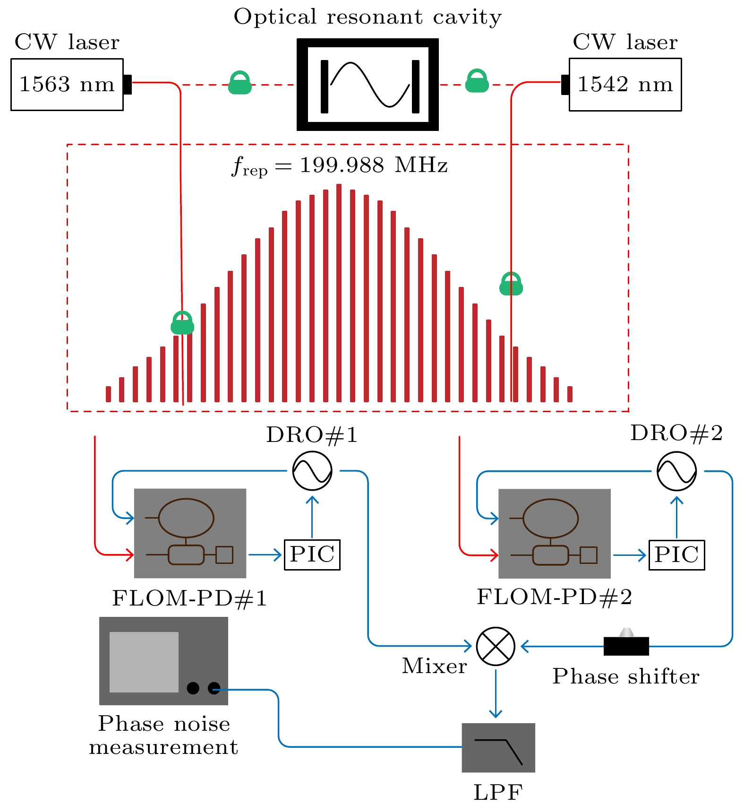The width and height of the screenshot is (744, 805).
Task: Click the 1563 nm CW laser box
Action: (67, 85)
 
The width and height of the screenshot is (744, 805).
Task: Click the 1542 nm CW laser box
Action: (625, 85)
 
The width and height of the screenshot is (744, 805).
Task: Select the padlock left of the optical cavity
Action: (240, 83)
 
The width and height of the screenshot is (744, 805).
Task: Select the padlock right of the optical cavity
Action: (477, 81)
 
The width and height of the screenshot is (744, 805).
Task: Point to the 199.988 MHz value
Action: (373, 165)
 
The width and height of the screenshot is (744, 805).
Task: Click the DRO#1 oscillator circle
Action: (312, 471)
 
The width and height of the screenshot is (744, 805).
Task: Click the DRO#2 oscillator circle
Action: (676, 471)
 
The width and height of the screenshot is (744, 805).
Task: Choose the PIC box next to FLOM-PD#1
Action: (312, 554)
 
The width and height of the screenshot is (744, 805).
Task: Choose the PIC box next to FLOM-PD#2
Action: (676, 555)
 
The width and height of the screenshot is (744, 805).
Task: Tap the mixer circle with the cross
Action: (496, 646)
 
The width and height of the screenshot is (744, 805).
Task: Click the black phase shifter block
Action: (626, 646)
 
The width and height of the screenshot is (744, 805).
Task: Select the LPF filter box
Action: (498, 747)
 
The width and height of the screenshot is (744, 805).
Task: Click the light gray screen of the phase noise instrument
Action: (144, 662)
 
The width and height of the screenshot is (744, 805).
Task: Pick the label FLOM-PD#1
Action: (189, 598)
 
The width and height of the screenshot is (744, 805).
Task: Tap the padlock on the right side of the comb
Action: (511, 284)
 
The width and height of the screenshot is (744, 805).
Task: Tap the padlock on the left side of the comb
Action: (182, 323)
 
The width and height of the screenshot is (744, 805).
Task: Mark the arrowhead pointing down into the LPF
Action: (496, 713)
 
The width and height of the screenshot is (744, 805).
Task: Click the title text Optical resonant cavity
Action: (368, 17)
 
